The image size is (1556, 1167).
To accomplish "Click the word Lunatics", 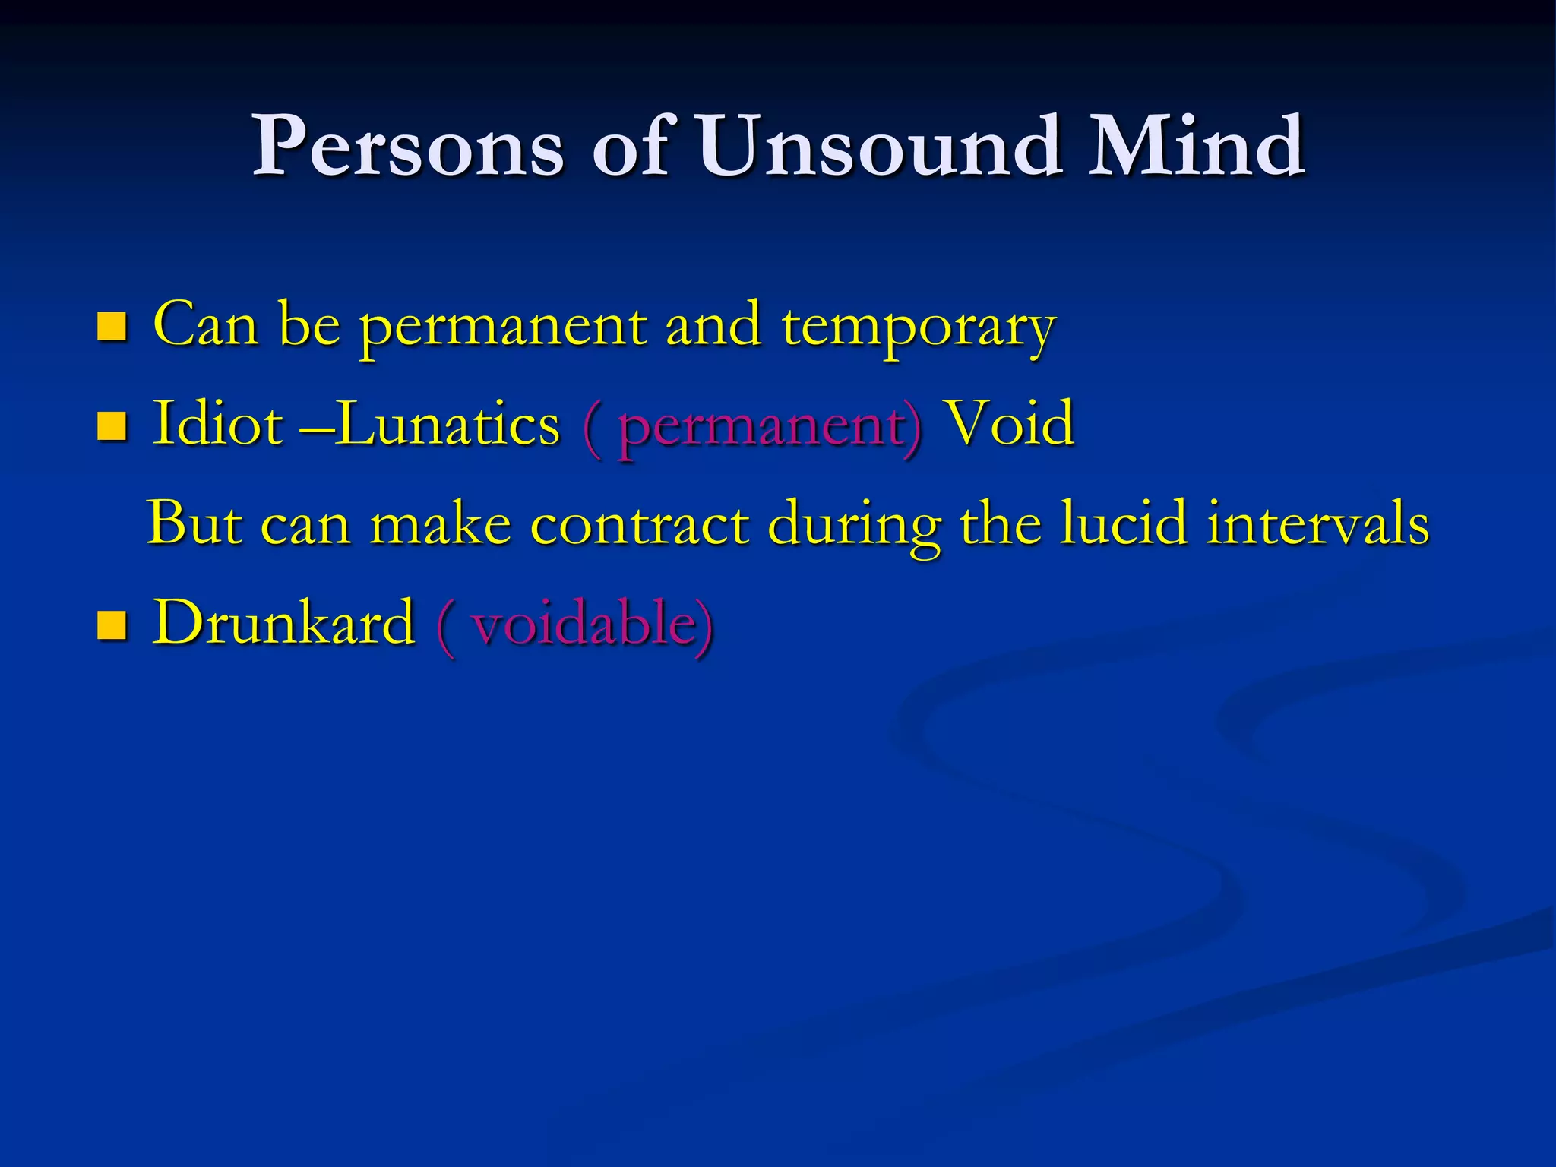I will pos(448,423).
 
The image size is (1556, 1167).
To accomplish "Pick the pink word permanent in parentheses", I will pos(767,425).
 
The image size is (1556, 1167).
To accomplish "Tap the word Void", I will pos(1008,423).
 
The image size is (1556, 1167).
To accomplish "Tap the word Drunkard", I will pos(283,622).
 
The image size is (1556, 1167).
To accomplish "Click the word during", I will pos(854,524).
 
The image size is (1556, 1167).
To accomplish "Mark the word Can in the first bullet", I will pos(205,324).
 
